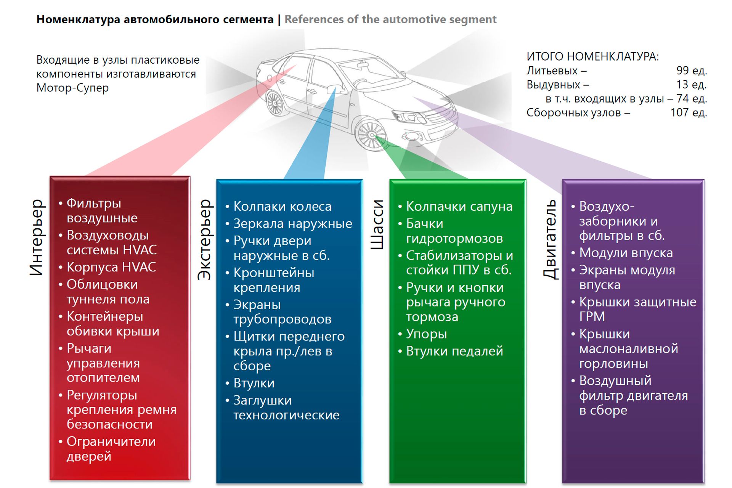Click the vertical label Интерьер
(x=37, y=237)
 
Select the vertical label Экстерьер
(x=204, y=239)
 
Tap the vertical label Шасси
(x=377, y=225)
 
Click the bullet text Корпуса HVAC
(x=111, y=267)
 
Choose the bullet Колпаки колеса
(x=282, y=206)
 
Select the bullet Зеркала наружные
(x=292, y=223)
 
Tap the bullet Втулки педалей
(x=454, y=351)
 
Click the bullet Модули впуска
(x=626, y=253)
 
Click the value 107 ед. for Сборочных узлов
(x=689, y=112)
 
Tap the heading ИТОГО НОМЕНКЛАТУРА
(x=592, y=56)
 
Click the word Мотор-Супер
(x=72, y=88)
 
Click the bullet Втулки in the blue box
(x=254, y=383)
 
